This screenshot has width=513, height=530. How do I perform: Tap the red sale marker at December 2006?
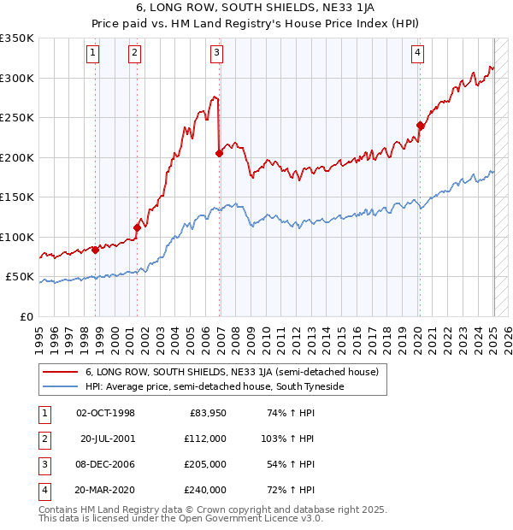pos(220,153)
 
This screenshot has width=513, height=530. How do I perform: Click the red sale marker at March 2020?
pos(420,126)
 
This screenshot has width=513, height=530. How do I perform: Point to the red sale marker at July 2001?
pos(137,227)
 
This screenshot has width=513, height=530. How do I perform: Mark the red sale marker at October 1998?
pos(95,250)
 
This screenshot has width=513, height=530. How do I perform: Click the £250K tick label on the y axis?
pos(18,117)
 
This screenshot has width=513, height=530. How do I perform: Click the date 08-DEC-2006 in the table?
pos(105,464)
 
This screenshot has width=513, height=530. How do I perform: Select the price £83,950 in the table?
pos(208,413)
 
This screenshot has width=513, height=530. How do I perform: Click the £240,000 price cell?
pos(206,490)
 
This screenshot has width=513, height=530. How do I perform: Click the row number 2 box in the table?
pos(44,439)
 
